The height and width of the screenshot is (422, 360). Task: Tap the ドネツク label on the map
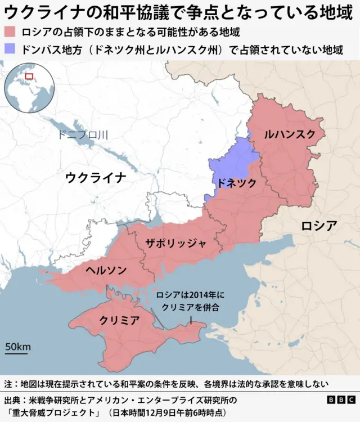coord(237,183)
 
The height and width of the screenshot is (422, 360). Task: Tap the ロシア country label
coord(319,226)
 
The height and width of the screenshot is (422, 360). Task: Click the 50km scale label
coord(18,347)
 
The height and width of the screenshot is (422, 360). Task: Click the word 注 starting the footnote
coord(8,384)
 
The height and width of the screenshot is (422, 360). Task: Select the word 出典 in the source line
coord(12,400)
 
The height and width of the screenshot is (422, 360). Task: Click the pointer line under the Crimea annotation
coord(191,320)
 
